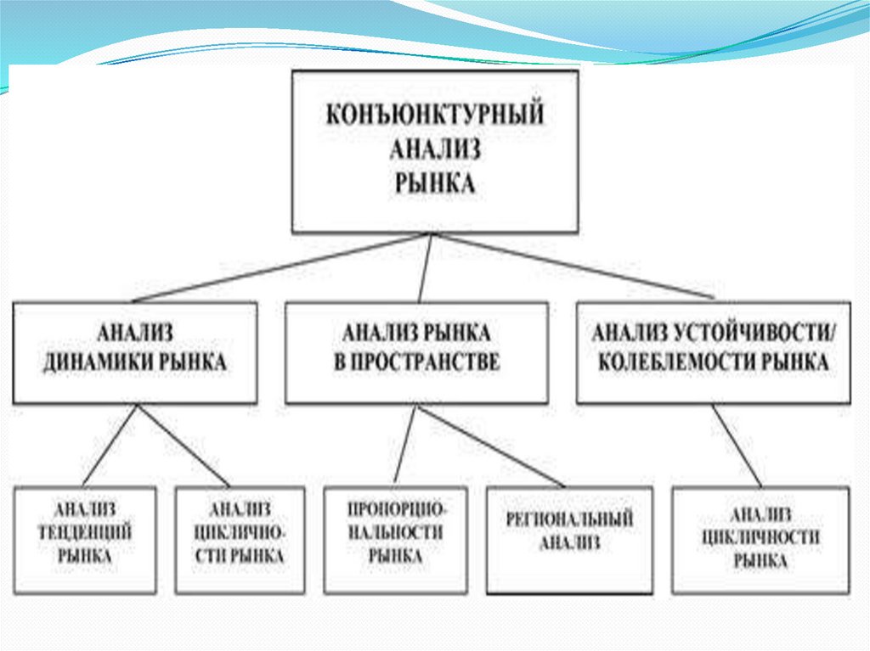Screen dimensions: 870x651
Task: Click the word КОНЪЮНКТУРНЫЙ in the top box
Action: pyautogui.click(x=435, y=116)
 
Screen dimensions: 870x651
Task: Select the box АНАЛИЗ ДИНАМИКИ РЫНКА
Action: pyautogui.click(x=135, y=351)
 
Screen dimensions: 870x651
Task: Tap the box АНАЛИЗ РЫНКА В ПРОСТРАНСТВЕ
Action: pyautogui.click(x=416, y=351)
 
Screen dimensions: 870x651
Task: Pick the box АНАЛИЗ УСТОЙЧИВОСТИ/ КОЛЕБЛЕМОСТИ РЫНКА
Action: pyautogui.click(x=713, y=351)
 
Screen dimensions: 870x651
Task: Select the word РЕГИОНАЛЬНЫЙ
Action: pyautogui.click(x=569, y=519)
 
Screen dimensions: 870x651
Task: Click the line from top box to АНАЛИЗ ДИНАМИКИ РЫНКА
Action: pyautogui.click(x=280, y=267)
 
